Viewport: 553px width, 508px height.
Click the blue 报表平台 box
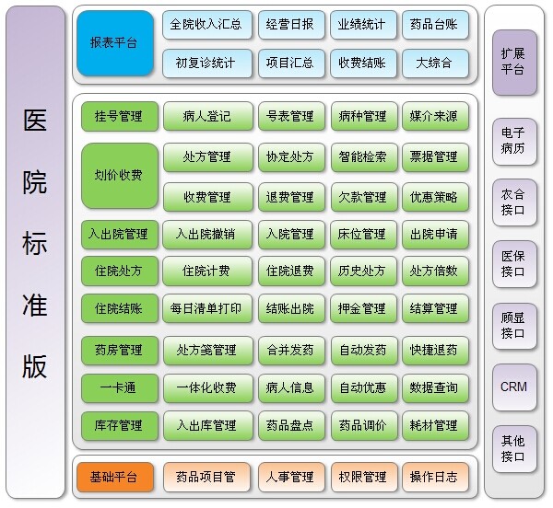click(115, 43)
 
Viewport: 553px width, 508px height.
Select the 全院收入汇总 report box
click(207, 25)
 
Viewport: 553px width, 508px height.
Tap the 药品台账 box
click(435, 25)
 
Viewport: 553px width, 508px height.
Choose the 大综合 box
click(435, 63)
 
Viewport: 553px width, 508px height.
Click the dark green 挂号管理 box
click(120, 117)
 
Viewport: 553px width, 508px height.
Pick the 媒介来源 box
click(435, 116)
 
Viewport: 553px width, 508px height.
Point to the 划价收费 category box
click(120, 176)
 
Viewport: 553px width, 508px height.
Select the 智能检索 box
click(364, 157)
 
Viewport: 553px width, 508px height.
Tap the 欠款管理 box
click(364, 197)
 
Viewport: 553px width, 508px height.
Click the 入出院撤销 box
click(207, 235)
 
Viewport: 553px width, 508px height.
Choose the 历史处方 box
click(364, 271)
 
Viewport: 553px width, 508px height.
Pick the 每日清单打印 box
click(207, 308)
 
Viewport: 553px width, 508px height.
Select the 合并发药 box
click(291, 351)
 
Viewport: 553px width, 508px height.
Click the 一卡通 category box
click(120, 388)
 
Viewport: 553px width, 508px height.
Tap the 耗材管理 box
click(435, 426)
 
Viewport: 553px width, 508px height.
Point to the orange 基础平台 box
click(115, 478)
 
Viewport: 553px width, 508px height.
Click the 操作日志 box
click(435, 478)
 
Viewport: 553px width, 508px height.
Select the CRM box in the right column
click(514, 387)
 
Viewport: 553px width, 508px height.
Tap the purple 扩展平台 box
click(514, 63)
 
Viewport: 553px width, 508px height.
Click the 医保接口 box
click(514, 264)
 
